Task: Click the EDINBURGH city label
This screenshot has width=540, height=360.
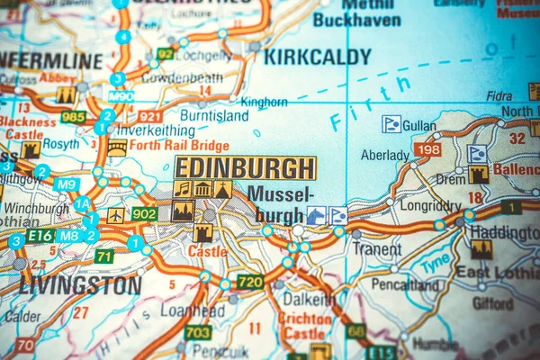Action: coord(245,167)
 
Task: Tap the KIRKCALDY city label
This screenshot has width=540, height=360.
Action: coord(317,57)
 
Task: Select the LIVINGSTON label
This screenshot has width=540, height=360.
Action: coord(80,286)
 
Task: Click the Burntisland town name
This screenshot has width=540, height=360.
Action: coord(213,115)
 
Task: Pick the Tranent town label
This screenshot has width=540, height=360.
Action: coord(377,248)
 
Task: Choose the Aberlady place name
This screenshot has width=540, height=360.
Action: coord(384,155)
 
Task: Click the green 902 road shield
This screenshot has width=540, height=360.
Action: coord(144,213)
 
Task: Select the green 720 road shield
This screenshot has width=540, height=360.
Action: coord(249,282)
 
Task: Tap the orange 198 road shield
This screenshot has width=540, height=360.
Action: coord(427,149)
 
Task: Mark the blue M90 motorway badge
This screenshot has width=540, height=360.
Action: coord(121,96)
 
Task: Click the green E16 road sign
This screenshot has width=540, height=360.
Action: coord(40,236)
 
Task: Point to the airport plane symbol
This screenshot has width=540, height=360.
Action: coord(116,216)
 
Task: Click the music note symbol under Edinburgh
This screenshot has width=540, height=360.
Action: coord(183,189)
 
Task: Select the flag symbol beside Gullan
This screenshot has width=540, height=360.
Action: coord(391,124)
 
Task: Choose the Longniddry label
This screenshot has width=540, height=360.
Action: coord(429,205)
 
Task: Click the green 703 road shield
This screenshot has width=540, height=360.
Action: coord(198,332)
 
